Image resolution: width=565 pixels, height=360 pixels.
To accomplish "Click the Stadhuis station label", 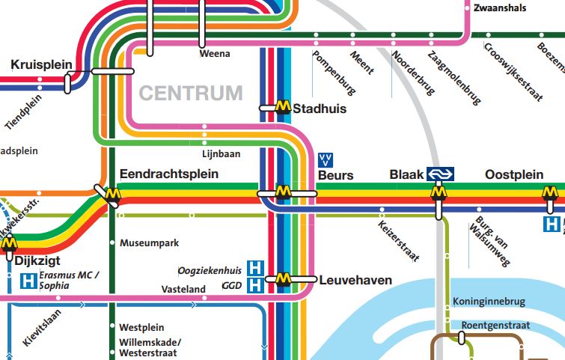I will [320, 109].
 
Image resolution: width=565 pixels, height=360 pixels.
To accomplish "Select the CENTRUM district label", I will [191, 94].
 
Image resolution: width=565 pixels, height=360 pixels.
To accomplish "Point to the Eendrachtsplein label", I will [168, 174].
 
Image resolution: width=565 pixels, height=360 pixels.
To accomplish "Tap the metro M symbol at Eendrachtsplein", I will [112, 195].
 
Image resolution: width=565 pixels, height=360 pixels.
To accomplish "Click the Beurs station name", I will [335, 175].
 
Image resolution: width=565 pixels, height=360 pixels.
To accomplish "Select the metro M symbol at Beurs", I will [283, 192].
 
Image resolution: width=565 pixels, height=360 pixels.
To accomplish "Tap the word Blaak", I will [406, 175].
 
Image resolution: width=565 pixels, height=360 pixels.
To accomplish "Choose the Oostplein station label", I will [514, 174].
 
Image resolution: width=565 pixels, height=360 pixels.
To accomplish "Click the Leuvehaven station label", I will [355, 281].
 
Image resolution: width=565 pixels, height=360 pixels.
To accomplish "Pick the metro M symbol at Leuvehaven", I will [283, 279].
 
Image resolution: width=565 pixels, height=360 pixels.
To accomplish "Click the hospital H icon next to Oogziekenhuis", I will [256, 268].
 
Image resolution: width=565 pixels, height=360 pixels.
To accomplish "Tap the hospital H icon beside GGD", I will [256, 284].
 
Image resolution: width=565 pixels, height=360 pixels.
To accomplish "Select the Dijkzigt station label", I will [36, 262].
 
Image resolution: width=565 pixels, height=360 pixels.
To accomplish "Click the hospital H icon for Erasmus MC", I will [26, 281].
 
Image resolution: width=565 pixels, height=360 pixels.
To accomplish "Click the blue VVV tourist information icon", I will [326, 159].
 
